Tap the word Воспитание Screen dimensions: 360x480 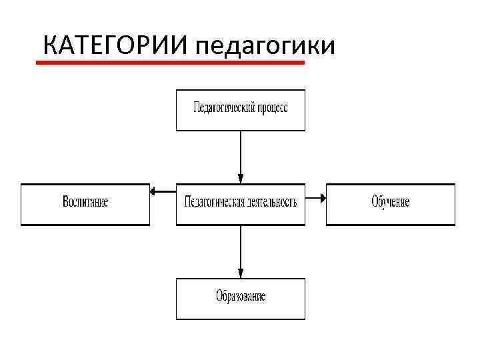85,202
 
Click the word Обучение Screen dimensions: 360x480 390,202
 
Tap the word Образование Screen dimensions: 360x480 240,297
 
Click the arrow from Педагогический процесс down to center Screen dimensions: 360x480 240,157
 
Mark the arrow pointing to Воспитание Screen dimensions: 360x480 163,192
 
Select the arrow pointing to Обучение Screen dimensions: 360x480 315,197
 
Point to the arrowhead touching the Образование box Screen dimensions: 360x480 240,274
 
